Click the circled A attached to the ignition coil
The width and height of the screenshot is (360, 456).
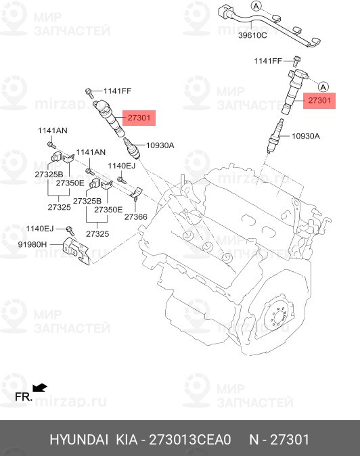pyautogui.click(x=323, y=86)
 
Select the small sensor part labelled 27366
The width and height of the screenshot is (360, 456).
pyautogui.click(x=136, y=196)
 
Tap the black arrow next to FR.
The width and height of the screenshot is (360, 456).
pyautogui.click(x=41, y=388)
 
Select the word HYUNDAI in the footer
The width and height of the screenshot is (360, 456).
pyautogui.click(x=78, y=440)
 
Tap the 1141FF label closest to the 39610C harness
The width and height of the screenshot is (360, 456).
pyautogui.click(x=267, y=62)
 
